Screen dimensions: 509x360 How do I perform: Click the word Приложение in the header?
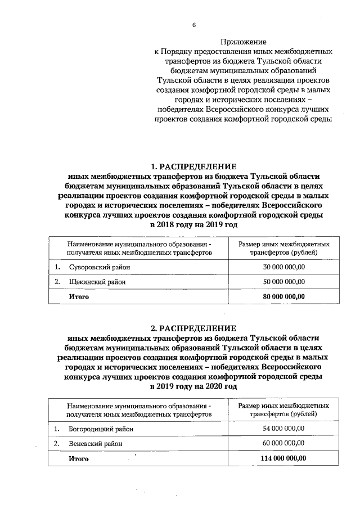tap(243, 42)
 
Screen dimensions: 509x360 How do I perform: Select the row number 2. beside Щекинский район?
tap(57, 282)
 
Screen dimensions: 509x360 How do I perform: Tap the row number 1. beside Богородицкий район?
tap(57, 429)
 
